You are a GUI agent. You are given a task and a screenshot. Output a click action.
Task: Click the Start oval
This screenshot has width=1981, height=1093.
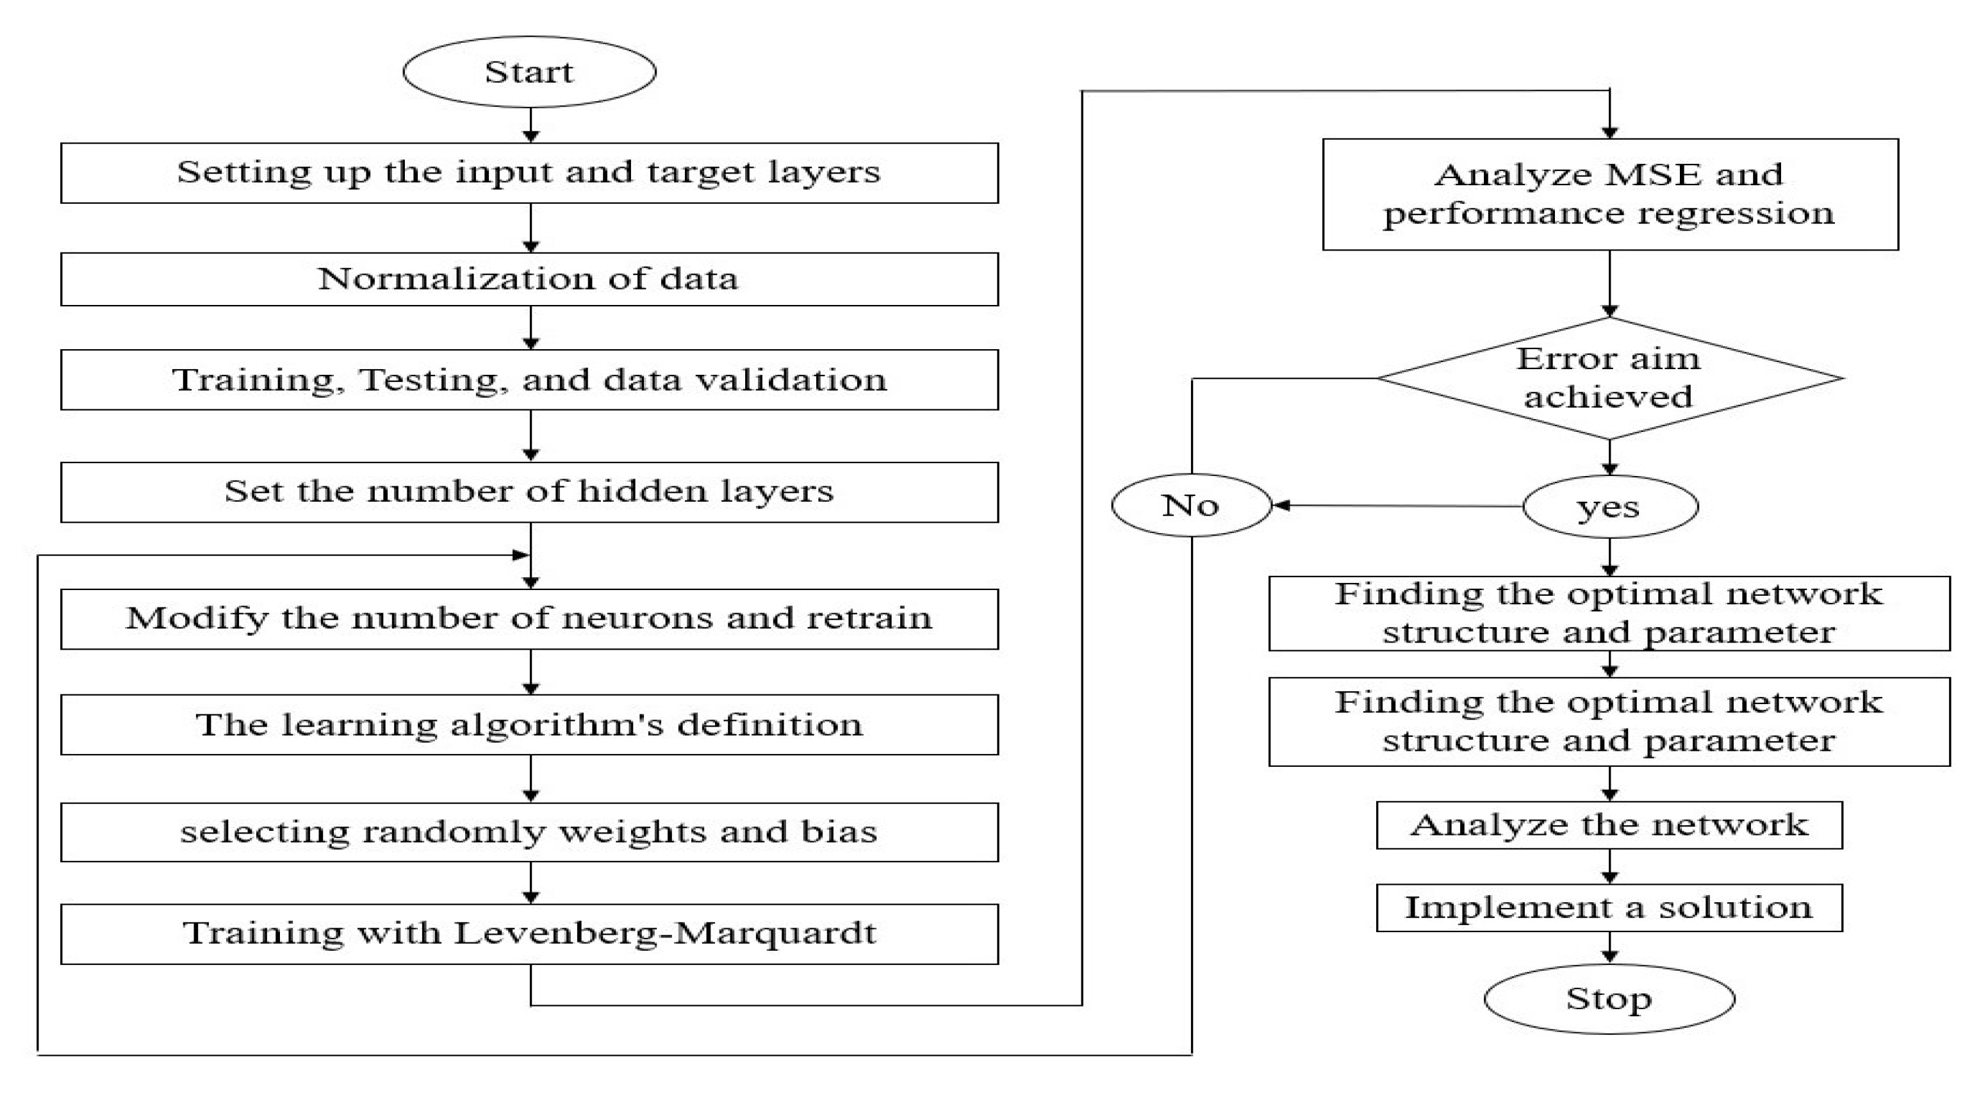(529, 72)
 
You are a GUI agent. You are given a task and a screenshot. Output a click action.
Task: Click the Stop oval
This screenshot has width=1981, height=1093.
(1609, 998)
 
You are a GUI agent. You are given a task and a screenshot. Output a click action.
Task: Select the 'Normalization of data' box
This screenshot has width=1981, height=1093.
(529, 279)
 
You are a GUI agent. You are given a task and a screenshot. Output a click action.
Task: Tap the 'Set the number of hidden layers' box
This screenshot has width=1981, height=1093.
(529, 491)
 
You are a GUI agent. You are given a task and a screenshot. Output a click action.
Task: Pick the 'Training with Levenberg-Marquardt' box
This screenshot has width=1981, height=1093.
(529, 933)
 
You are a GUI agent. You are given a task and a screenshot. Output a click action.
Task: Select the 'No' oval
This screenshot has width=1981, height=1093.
(1191, 505)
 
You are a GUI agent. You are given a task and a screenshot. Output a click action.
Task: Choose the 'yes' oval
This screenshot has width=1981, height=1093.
(1609, 506)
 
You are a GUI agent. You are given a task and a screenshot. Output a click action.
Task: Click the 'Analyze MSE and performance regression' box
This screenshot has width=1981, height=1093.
(1609, 194)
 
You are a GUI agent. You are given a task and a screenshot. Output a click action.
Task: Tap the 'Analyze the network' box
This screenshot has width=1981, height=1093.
(1609, 825)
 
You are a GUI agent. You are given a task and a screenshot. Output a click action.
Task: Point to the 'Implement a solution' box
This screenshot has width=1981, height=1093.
(1609, 908)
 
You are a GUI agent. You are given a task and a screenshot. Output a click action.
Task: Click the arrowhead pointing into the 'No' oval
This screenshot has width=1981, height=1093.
(1281, 505)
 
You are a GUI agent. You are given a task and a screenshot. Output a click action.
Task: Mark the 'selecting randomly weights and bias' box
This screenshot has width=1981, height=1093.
(529, 832)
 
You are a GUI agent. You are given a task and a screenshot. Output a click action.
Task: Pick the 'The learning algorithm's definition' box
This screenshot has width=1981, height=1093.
(529, 725)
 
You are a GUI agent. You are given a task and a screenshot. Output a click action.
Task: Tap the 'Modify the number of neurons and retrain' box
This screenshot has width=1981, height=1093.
(529, 618)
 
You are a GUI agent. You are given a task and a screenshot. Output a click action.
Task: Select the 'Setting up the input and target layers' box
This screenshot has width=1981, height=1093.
(529, 172)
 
